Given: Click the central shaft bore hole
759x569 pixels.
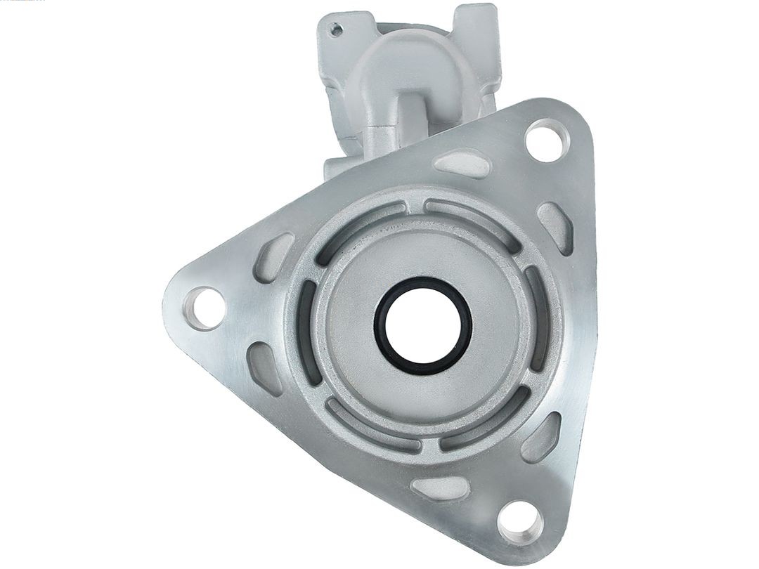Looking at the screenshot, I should [x=422, y=325].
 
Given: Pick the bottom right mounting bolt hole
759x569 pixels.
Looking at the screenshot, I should [x=519, y=523].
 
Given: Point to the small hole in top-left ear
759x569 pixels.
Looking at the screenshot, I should [x=337, y=30].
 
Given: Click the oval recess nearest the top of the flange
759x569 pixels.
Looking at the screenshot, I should [x=462, y=164].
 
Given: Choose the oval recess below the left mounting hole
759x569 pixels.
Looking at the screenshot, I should [x=266, y=367].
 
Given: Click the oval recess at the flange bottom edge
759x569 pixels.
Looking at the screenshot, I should [x=440, y=487].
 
